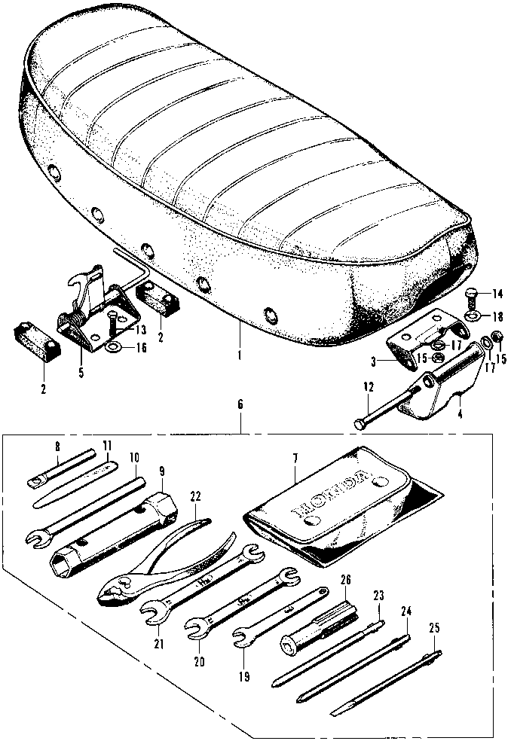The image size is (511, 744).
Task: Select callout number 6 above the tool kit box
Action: tap(240, 405)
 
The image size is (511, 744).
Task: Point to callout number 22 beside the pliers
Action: tap(196, 498)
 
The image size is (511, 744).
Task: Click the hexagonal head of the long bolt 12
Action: tap(358, 425)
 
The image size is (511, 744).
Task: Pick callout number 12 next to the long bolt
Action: tap(367, 387)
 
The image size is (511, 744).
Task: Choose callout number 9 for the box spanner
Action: tap(161, 471)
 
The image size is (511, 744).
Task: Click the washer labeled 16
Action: tap(112, 347)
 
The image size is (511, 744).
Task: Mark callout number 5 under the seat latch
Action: tap(80, 372)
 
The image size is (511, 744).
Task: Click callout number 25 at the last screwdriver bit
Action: tap(434, 627)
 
